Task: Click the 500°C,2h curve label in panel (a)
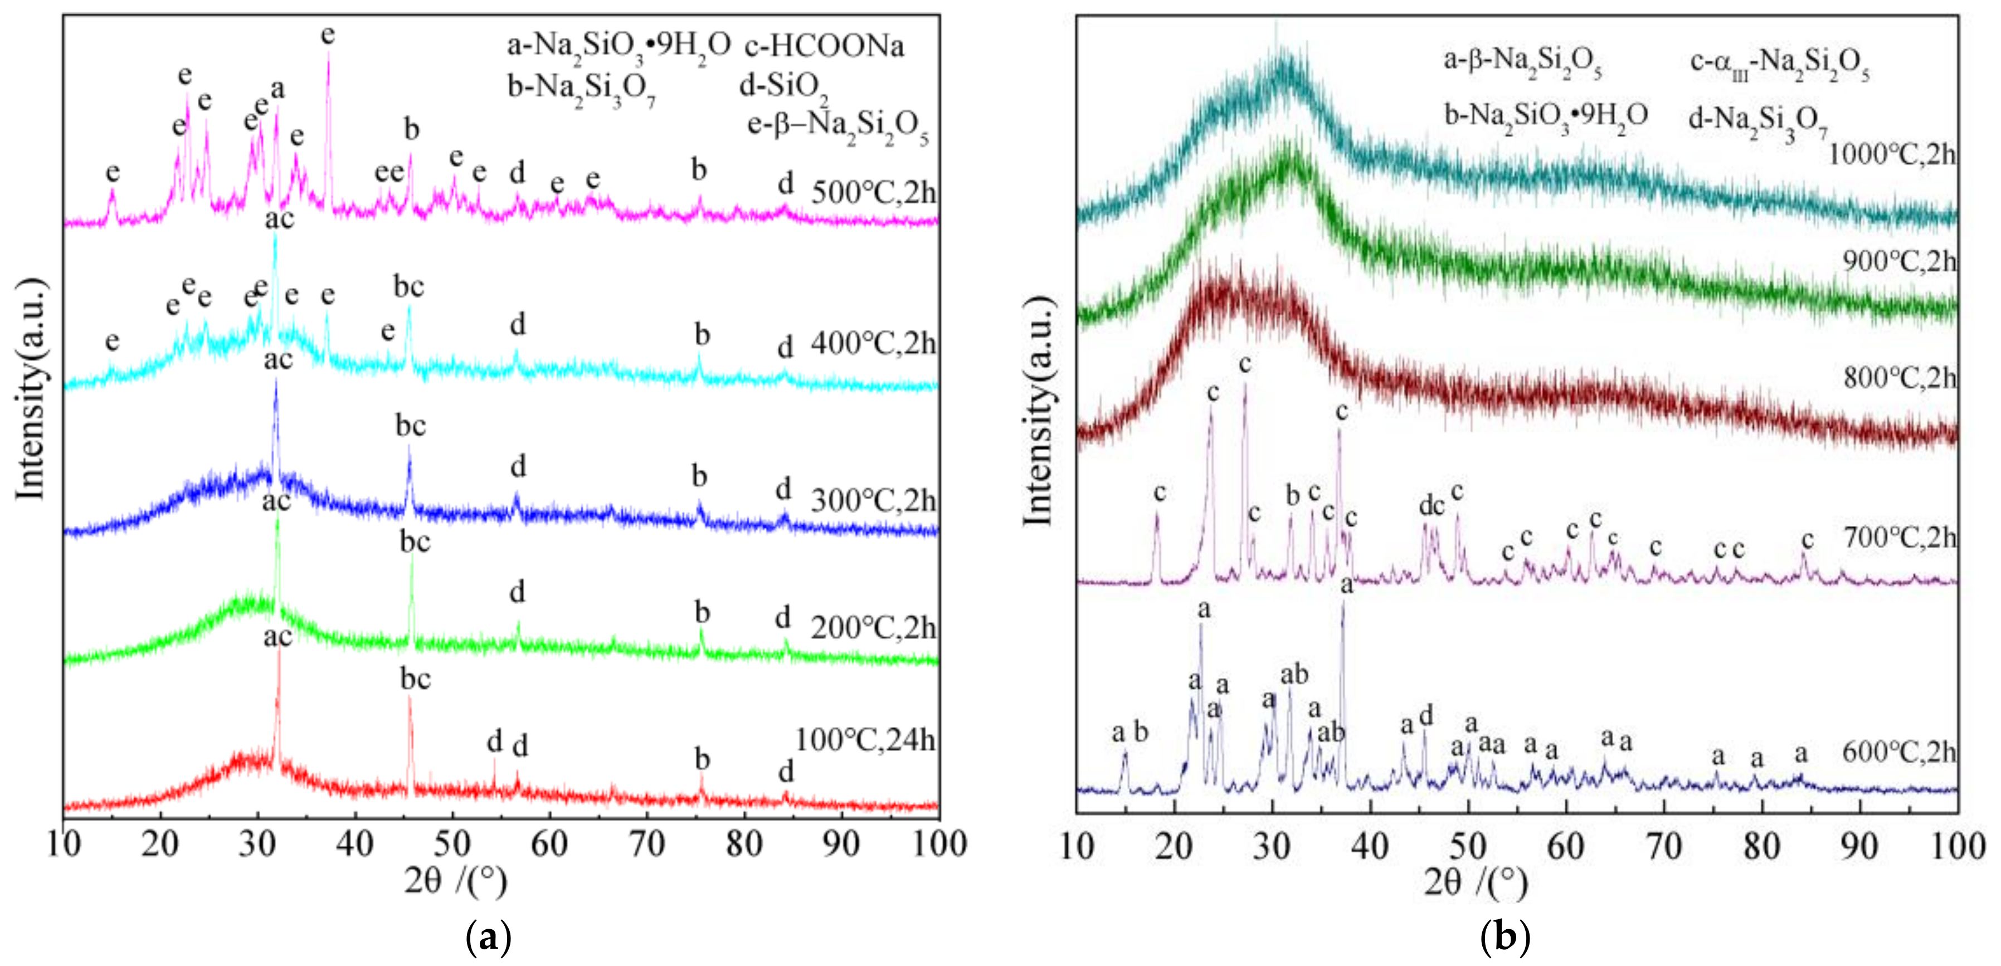[873, 192]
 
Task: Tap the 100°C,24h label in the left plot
[864, 739]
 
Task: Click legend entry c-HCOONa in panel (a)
[824, 47]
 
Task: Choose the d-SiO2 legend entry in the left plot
[783, 87]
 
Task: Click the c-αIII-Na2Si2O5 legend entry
[1779, 62]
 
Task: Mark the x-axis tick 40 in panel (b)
[1370, 846]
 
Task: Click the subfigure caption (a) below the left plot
[488, 938]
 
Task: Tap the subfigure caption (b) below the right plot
[1505, 938]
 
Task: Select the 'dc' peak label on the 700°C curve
[1432, 505]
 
